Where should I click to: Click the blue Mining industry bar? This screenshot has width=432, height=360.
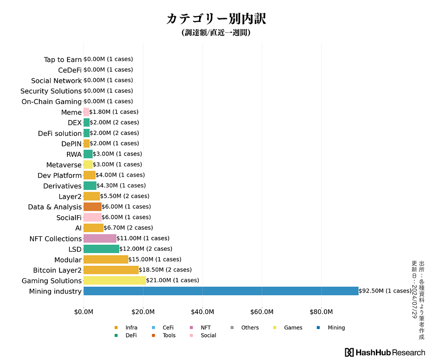pos(221,291)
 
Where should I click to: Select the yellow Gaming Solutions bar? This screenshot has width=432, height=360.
pos(114,280)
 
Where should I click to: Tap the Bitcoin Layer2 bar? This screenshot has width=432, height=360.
pos(111,270)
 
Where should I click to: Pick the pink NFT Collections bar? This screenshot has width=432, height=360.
pos(100,238)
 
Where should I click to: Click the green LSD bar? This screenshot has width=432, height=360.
pos(101,249)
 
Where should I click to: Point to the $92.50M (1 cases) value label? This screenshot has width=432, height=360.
pos(385,291)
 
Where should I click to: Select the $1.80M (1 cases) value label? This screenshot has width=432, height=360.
pos(114,112)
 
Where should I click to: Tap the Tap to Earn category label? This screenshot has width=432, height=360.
pos(63,60)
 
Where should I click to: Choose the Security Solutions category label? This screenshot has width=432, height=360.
pos(51,91)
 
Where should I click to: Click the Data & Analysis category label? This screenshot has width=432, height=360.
pos(55,207)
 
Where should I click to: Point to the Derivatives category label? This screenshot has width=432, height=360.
pos(62,186)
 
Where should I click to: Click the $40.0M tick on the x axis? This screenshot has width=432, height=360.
pos(203,312)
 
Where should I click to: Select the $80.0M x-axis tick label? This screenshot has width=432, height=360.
pos(321,312)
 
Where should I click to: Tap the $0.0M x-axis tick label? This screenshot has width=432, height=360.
pos(84,312)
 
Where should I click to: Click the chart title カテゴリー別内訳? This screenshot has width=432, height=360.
pos(216,19)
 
